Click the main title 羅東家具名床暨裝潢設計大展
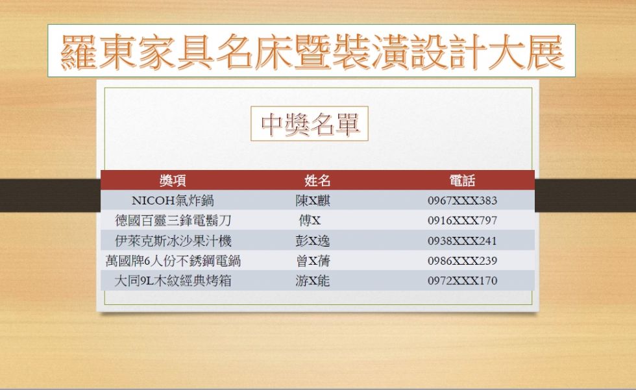point(312,51)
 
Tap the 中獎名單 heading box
point(310,124)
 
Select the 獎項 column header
point(173,180)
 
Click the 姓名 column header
point(317,180)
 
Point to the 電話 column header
point(462,180)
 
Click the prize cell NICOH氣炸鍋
point(173,201)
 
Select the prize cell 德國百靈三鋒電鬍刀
point(173,221)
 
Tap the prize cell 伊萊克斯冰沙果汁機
point(173,241)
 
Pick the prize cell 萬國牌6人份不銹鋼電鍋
point(173,261)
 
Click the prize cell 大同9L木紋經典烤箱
point(173,280)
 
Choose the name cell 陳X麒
point(313,201)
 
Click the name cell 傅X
point(310,221)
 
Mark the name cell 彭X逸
point(313,241)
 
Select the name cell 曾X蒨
point(313,261)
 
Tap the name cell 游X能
point(313,280)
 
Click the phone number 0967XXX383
point(462,201)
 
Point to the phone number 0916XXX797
point(462,221)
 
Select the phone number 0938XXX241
point(462,241)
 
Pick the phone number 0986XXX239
point(462,261)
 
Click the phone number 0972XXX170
point(462,280)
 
